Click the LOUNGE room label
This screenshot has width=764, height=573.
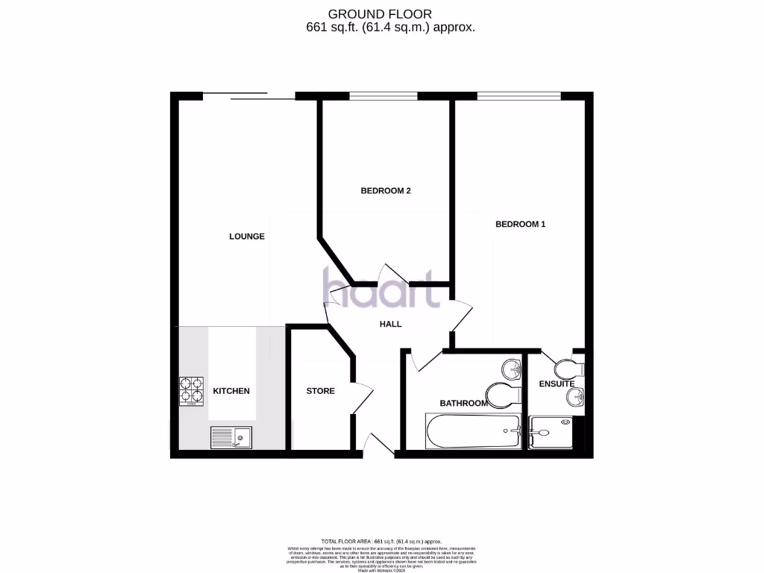tap(246, 237)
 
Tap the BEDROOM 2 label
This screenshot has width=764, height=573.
tap(386, 191)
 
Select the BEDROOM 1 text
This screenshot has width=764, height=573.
tap(520, 224)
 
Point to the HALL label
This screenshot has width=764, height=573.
tap(390, 325)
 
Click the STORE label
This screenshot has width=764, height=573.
tap(320, 391)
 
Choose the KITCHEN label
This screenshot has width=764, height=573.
tap(231, 391)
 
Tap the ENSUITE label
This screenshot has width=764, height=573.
tap(557, 384)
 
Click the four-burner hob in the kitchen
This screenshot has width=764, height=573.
tap(191, 392)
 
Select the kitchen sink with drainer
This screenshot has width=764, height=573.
tap(232, 436)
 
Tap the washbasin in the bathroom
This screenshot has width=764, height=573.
tap(512, 368)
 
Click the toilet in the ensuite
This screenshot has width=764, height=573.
tap(570, 368)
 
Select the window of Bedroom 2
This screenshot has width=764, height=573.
tap(383, 95)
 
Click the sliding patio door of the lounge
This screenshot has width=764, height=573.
tap(248, 95)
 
